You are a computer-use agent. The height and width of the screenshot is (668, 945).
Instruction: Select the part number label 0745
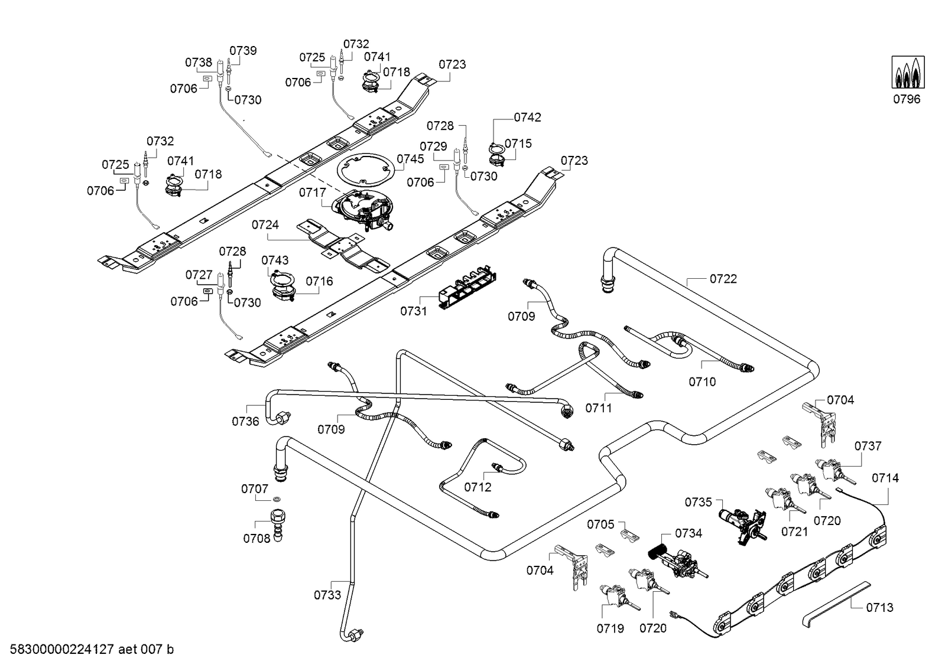pos(410,159)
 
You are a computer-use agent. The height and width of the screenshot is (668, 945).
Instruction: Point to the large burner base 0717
pos(362,210)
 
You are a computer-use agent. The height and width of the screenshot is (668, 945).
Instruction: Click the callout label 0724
pos(265,225)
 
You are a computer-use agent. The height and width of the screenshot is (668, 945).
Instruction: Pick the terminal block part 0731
pos(466,291)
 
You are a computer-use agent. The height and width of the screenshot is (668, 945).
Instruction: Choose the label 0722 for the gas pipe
pos(723,279)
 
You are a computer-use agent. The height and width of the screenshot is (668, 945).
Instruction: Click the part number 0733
pos(327,595)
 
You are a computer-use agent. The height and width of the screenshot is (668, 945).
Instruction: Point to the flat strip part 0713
pos(836,601)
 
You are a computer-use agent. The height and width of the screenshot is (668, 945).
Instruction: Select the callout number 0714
pos(885,478)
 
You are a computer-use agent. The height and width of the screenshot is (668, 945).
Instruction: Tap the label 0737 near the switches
pos(868,446)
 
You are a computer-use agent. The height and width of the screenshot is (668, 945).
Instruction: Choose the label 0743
pos(275,260)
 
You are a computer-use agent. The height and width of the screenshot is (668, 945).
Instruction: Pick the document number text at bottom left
pos(87,650)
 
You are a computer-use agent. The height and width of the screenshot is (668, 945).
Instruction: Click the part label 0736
pos(245,421)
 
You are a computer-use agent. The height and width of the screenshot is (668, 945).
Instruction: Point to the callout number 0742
pos(527,118)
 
